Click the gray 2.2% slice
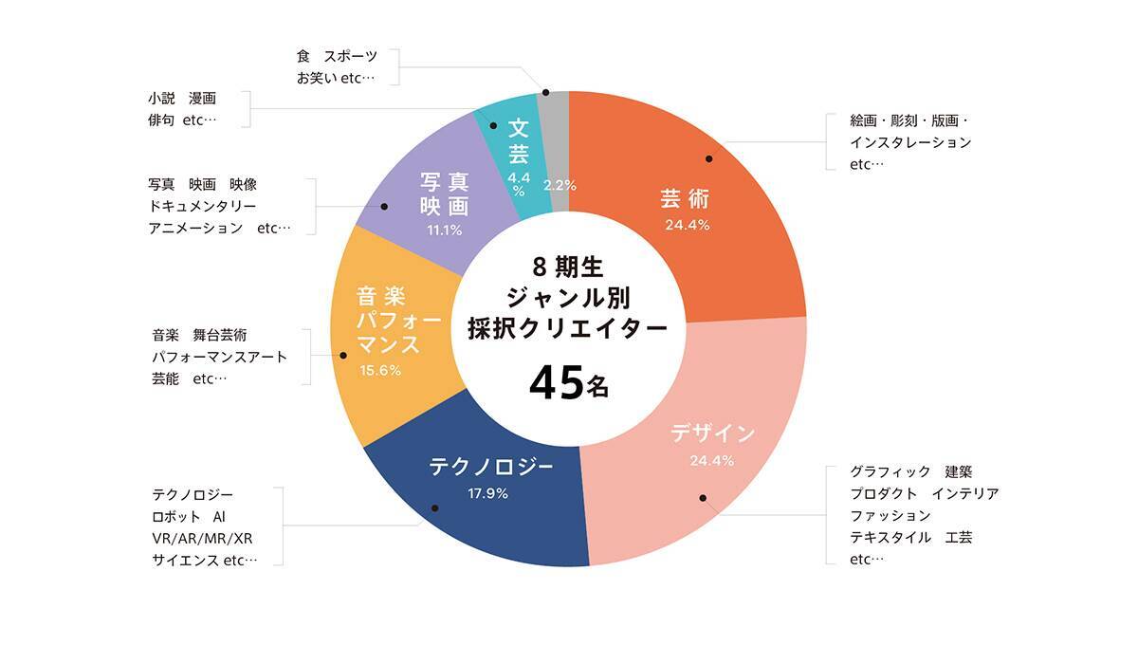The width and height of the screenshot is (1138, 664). [x=558, y=142]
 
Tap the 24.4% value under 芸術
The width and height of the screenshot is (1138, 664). [x=688, y=226]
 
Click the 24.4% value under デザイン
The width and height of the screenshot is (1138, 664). [x=711, y=462]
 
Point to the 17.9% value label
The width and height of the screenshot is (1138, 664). [x=488, y=493]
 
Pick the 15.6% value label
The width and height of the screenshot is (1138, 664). [x=380, y=371]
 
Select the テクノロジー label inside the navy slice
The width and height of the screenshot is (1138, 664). [x=490, y=467]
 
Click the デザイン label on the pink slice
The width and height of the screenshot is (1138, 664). [x=713, y=434]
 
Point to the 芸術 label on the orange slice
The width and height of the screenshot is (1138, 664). [x=685, y=199]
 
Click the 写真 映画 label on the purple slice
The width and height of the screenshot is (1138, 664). [x=445, y=193]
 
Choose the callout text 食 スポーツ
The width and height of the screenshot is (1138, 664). [x=337, y=57]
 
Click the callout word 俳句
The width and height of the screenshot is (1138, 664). [x=160, y=120]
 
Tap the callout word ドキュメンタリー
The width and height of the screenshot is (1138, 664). [x=202, y=205]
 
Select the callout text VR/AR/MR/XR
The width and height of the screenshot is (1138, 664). [x=202, y=539]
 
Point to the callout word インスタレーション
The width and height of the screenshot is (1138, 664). [x=910, y=142]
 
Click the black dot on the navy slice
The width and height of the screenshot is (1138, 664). [x=434, y=508]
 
